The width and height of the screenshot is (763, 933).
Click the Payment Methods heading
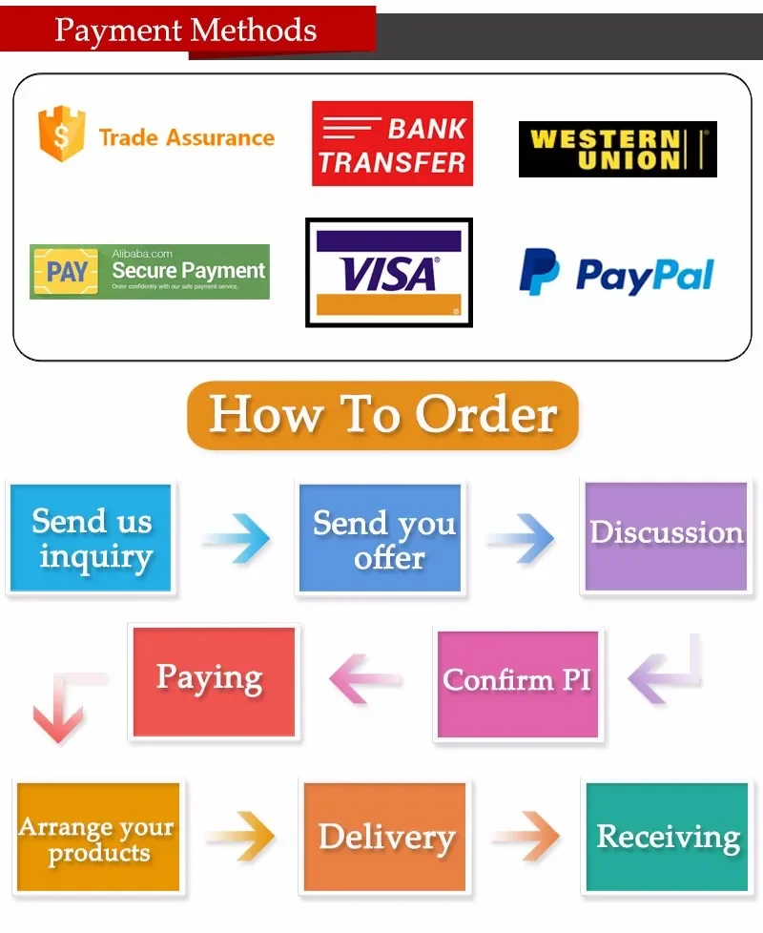(x=186, y=30)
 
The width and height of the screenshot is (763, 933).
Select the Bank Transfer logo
(x=392, y=143)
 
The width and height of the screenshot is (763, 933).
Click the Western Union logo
(x=617, y=149)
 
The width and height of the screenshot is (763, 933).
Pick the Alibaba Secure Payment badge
(x=150, y=272)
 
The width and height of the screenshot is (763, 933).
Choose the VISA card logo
(x=388, y=273)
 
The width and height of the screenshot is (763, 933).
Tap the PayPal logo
(x=616, y=273)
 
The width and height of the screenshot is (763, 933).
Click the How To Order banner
(x=382, y=415)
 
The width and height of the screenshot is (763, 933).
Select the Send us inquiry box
(x=92, y=538)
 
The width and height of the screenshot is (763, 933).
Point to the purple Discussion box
(x=666, y=535)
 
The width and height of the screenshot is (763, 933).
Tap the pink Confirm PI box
(x=518, y=682)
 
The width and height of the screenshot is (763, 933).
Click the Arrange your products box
(x=97, y=837)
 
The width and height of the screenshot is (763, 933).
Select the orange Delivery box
(x=385, y=837)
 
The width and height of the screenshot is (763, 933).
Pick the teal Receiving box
(x=667, y=837)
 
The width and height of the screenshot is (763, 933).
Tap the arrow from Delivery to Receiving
(x=526, y=837)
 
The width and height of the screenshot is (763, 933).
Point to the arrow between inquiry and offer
(x=236, y=539)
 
